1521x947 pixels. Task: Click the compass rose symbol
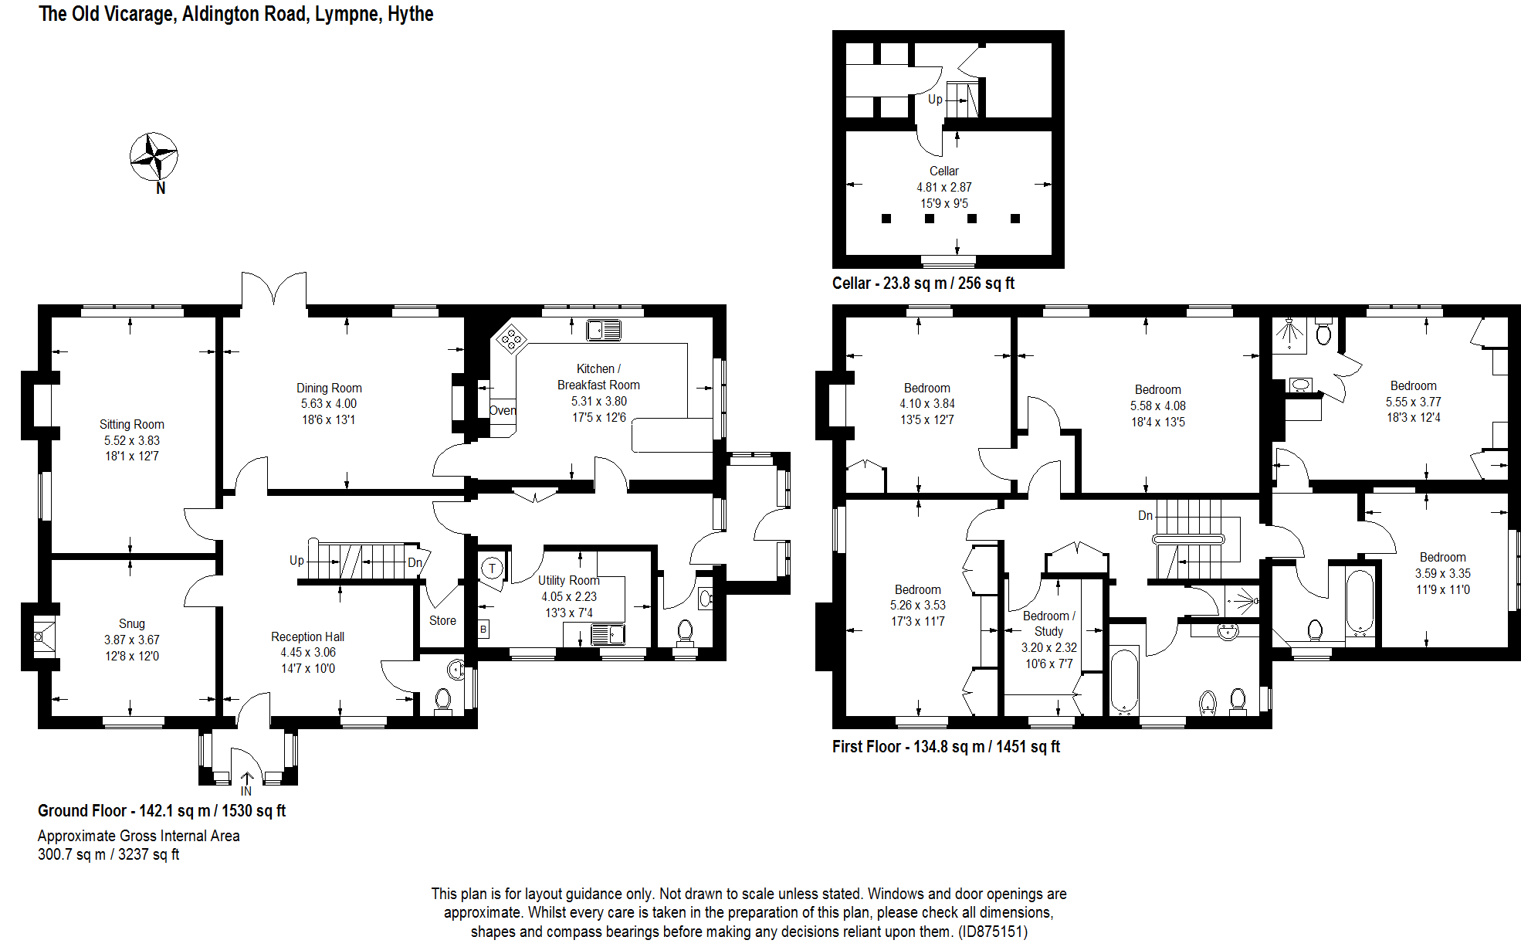(154, 157)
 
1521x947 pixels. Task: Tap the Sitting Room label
(131, 424)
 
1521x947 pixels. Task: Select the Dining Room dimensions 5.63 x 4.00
(329, 403)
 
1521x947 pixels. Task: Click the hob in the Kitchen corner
(511, 338)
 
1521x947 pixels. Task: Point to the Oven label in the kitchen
(503, 410)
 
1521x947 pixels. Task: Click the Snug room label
(131, 623)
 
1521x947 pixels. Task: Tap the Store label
(442, 620)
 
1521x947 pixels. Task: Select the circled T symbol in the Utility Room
(492, 569)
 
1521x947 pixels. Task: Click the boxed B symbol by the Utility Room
(483, 629)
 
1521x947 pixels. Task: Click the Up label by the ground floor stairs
(296, 560)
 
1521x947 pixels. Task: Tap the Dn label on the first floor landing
(1145, 515)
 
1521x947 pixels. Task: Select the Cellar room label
(943, 171)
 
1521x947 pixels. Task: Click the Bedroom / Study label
(1048, 623)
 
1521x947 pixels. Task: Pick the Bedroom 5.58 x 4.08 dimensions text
(1157, 406)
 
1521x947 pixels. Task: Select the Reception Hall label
(307, 636)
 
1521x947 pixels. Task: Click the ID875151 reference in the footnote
(992, 932)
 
